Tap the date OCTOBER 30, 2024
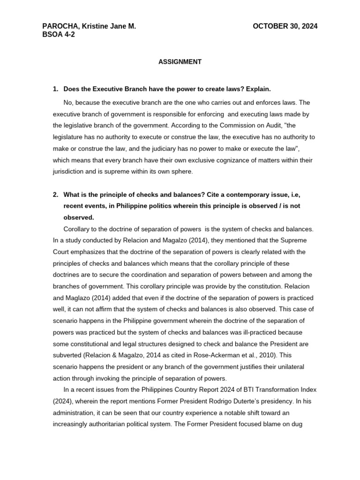click(285, 26)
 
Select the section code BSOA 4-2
click(59, 34)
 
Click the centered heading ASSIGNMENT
click(180, 62)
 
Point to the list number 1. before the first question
click(56, 89)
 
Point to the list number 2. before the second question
click(56, 195)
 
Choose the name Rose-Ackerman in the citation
click(223, 355)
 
